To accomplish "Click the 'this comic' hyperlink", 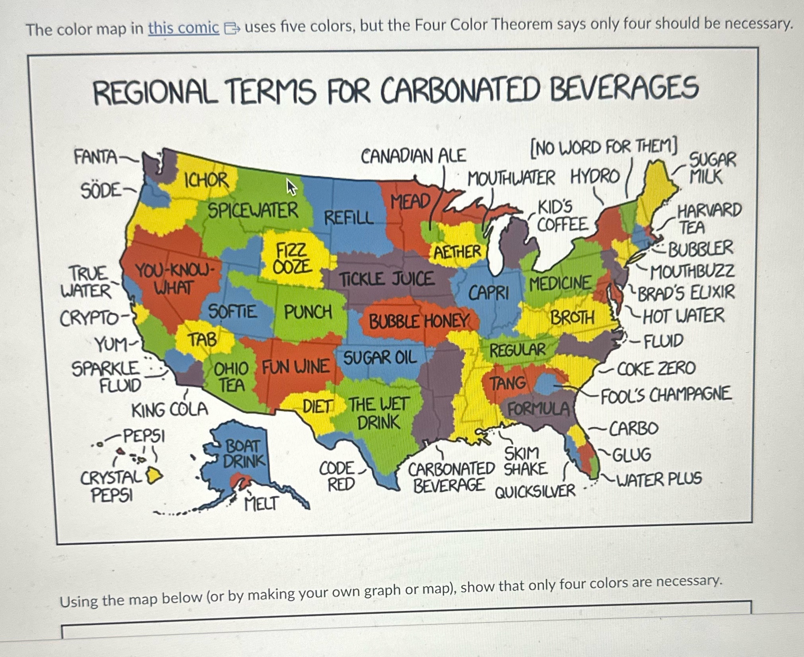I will (183, 28).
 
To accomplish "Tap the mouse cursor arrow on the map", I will (291, 187).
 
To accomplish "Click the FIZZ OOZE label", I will (292, 259).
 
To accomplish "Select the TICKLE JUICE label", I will (386, 279).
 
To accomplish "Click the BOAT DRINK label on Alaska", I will (243, 454).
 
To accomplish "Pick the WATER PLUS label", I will (658, 479).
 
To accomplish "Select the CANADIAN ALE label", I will (413, 155).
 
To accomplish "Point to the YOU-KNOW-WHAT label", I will (175, 279).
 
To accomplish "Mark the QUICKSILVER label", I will (535, 492).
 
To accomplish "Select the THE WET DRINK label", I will (378, 413).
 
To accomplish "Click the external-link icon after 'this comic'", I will (231, 28).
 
